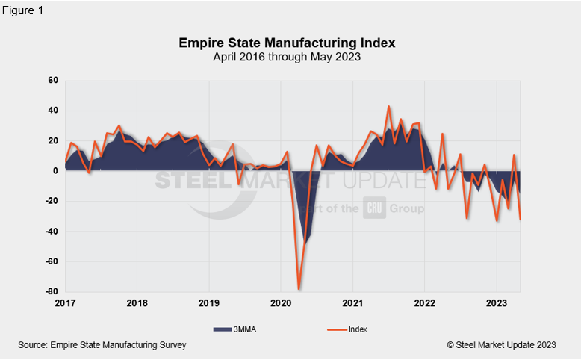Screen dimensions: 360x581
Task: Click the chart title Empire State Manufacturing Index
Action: coord(287,43)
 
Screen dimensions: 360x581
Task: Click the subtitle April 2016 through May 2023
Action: coord(287,57)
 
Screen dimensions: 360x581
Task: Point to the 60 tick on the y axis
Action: coord(53,81)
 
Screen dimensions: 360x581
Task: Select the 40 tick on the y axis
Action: coord(53,111)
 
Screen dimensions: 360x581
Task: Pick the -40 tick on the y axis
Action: coord(52,232)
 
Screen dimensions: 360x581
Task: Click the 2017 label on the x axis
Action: coord(65,303)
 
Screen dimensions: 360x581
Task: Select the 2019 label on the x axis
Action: coord(209,303)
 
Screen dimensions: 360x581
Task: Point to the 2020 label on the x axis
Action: coord(281,303)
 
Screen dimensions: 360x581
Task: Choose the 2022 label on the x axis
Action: coord(425,303)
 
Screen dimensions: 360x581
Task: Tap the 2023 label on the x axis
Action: coord(497,303)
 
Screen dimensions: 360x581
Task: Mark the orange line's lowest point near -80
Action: coord(299,289)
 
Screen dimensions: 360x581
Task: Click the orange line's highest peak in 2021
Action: coord(389,107)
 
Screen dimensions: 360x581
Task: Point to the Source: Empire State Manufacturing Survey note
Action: coord(102,344)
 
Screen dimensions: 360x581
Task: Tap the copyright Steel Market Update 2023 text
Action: coord(501,344)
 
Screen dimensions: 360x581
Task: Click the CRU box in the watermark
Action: coord(374,208)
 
